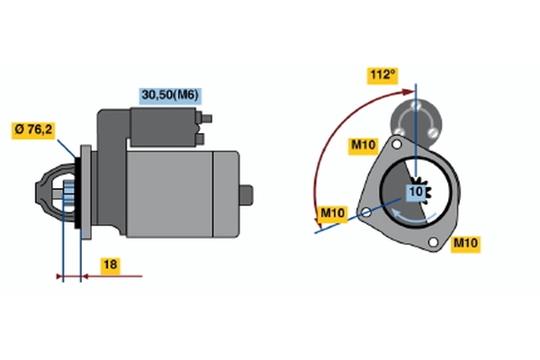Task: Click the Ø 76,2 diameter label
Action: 33,130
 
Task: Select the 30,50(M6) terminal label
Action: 170,95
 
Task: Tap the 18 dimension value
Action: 110,265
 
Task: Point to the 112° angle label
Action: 382,76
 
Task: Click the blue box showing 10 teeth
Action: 416,193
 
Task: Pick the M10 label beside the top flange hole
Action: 364,146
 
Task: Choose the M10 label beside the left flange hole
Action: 333,214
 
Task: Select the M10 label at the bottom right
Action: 465,244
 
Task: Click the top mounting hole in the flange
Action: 397,144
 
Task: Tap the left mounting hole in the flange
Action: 366,212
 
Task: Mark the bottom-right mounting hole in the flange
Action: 433,242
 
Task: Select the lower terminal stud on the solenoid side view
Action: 200,139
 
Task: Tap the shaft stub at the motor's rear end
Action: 246,195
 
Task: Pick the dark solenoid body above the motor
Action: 164,127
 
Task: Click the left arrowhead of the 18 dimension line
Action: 59,276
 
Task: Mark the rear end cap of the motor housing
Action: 226,194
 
